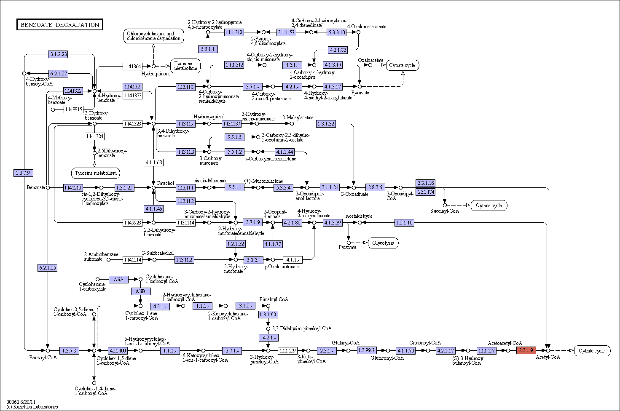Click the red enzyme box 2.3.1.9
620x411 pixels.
(x=526, y=350)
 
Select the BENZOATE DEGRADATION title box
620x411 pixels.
(x=59, y=24)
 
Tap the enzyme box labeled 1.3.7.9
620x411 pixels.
(x=23, y=173)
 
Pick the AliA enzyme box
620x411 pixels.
(x=118, y=280)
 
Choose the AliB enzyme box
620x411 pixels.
(x=141, y=291)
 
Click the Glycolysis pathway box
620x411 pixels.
(x=383, y=243)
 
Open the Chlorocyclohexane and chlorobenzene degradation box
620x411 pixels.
(x=153, y=36)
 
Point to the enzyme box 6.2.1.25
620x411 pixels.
(x=47, y=268)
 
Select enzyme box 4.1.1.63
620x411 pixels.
(x=153, y=163)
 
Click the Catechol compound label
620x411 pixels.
(x=165, y=183)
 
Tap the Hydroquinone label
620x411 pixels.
(x=156, y=74)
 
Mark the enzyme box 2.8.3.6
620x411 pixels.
(x=375, y=187)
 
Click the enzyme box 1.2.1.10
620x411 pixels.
(x=404, y=223)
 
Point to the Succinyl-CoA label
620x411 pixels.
(x=445, y=211)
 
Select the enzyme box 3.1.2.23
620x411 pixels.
(x=58, y=54)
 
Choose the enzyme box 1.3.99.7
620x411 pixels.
(x=367, y=350)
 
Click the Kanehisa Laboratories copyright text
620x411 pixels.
(x=32, y=407)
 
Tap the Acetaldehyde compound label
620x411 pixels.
(x=359, y=216)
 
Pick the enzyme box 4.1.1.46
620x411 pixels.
(x=153, y=209)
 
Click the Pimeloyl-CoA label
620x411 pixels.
(x=274, y=299)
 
